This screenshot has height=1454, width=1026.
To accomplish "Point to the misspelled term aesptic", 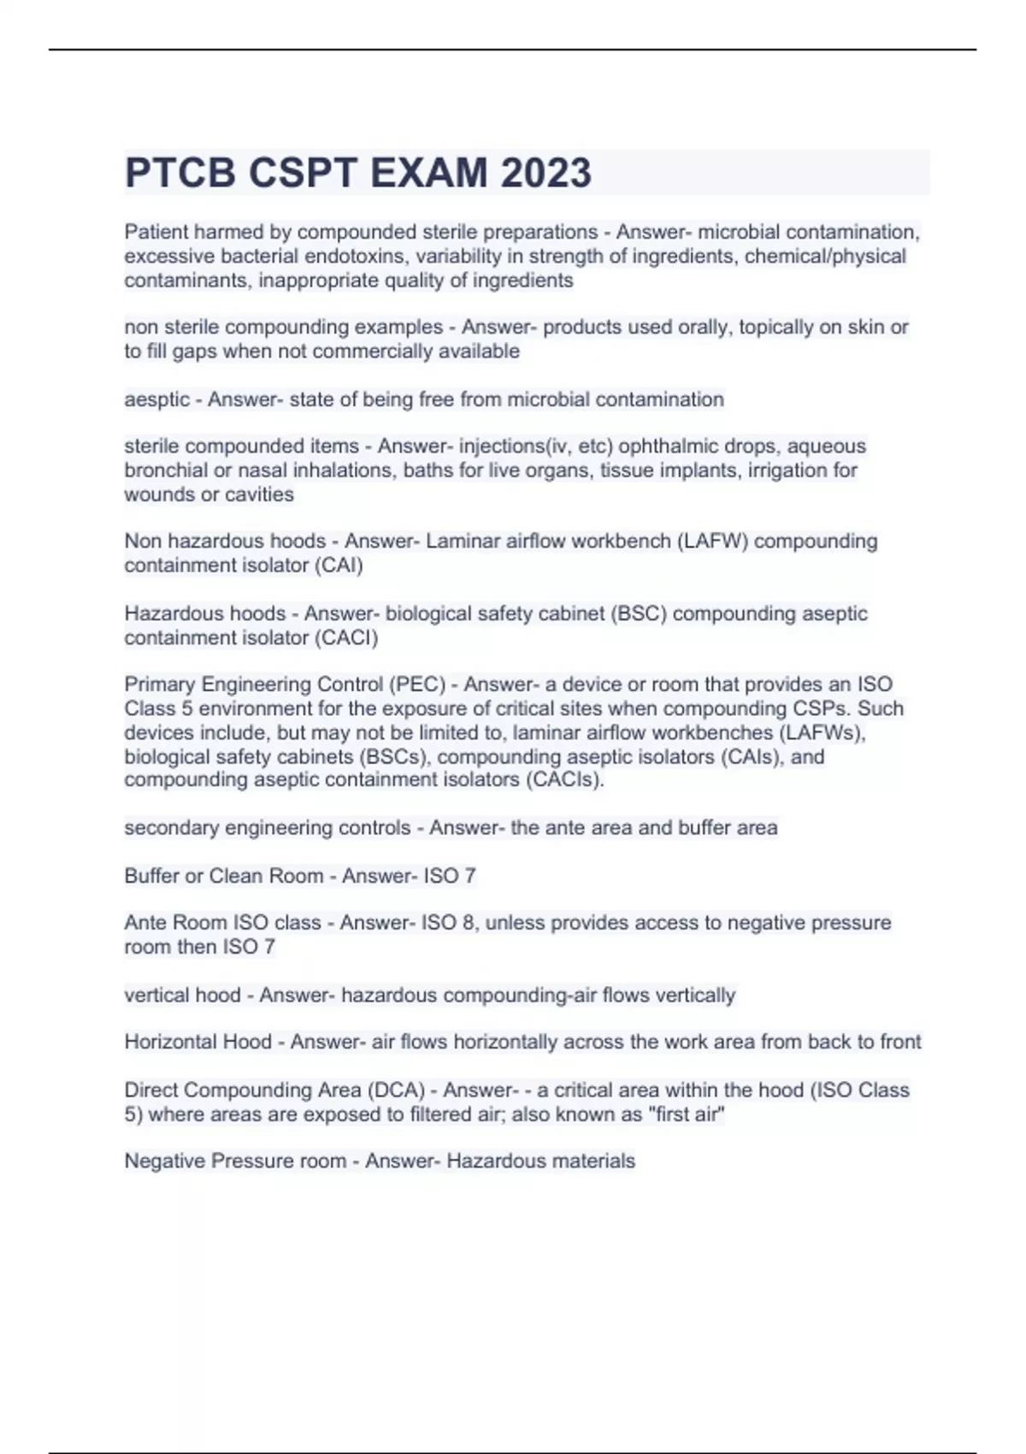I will (x=156, y=399).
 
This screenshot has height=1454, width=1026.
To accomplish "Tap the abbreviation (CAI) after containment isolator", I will (x=339, y=565).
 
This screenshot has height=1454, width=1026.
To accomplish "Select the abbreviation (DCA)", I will (x=396, y=1090).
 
